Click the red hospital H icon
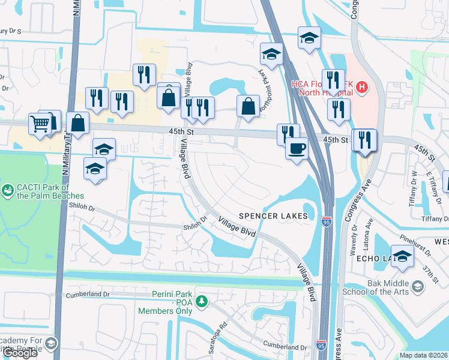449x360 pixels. tap(361, 87)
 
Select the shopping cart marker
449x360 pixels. tap(40, 124)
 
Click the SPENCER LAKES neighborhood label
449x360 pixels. tap(273, 216)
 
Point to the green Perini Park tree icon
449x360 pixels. tap(203, 300)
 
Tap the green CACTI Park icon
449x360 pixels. tap(8, 190)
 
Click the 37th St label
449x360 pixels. tap(429, 271)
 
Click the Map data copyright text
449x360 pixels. tap(424, 355)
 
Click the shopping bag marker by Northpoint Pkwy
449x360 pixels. tap(248, 106)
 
